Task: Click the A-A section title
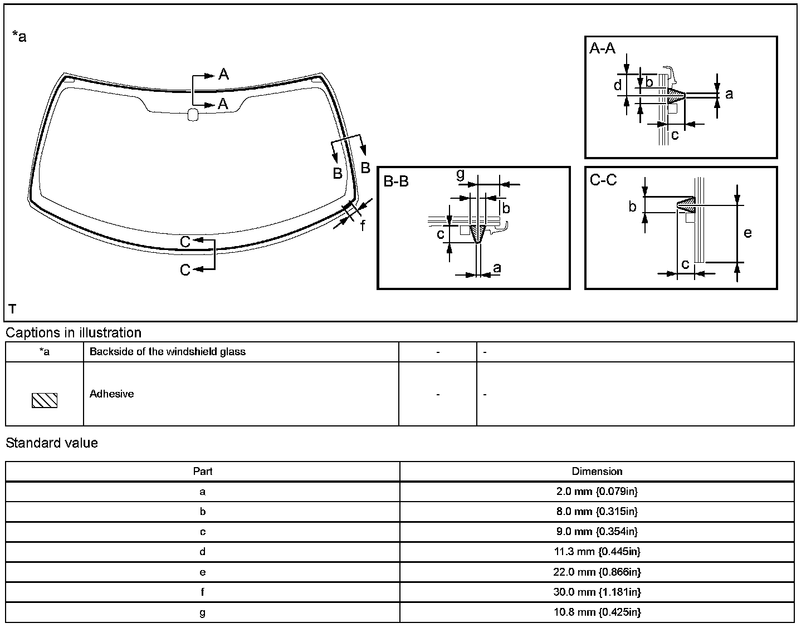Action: (x=602, y=48)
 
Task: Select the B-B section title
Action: (x=396, y=181)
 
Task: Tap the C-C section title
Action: (x=603, y=180)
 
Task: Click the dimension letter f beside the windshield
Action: (x=363, y=225)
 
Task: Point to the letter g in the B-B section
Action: (x=461, y=174)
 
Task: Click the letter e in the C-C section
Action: (x=748, y=233)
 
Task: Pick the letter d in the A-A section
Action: (x=618, y=85)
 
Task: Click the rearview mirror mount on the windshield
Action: (x=193, y=115)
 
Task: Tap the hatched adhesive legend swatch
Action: (x=45, y=400)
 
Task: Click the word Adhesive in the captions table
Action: (x=111, y=394)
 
